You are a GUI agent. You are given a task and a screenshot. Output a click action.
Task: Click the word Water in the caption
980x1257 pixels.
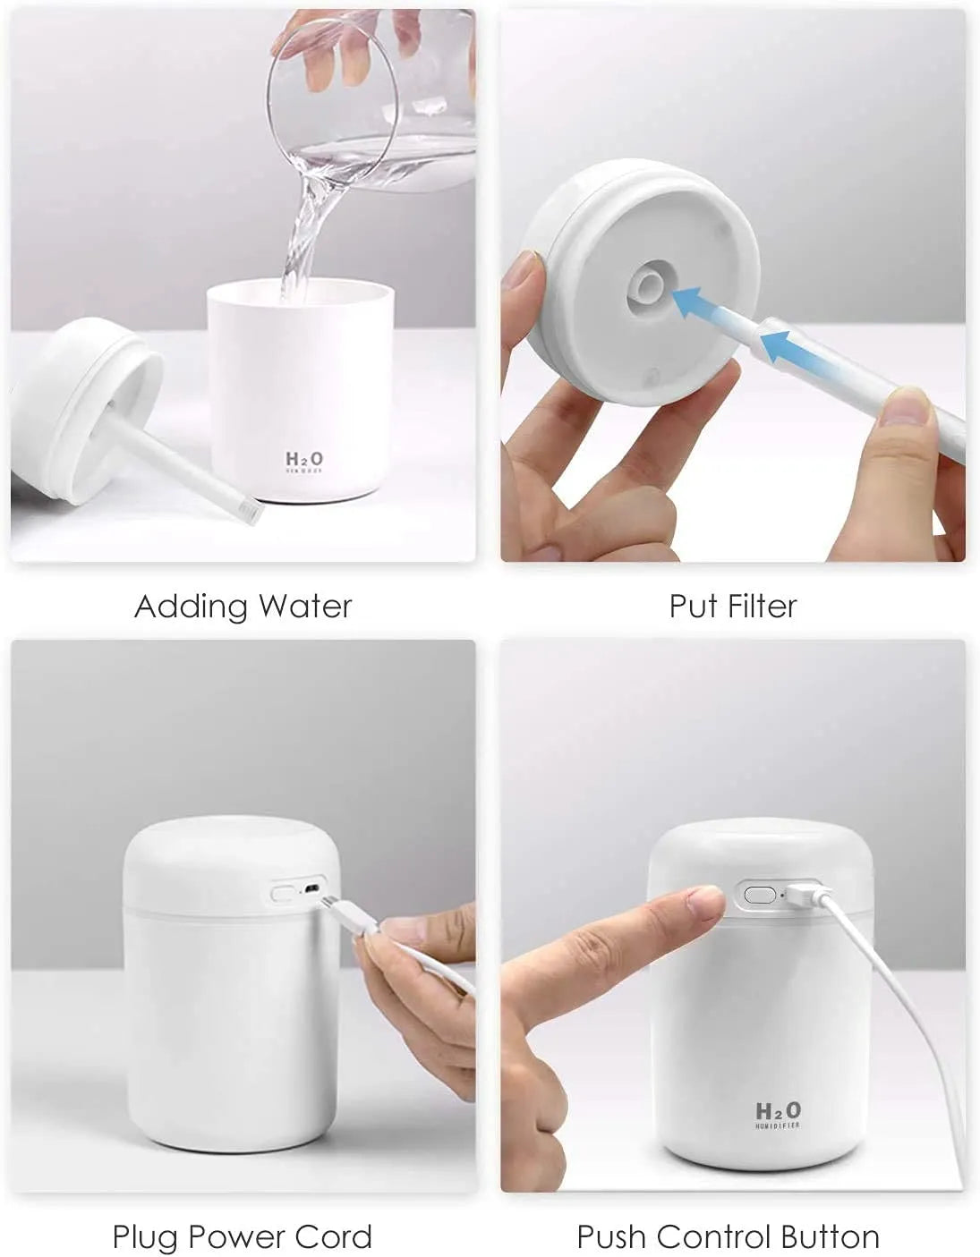coord(305,607)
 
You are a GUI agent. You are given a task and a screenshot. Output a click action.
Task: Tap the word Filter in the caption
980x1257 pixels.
coord(761,607)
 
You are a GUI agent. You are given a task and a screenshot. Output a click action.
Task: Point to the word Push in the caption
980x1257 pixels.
coord(610,1237)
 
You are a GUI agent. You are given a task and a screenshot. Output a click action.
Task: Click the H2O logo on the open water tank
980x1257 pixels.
coord(304,460)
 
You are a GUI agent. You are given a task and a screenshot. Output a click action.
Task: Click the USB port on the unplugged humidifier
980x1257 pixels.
coord(311,890)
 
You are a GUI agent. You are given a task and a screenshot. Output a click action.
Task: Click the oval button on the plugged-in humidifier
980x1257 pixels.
coord(757,894)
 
